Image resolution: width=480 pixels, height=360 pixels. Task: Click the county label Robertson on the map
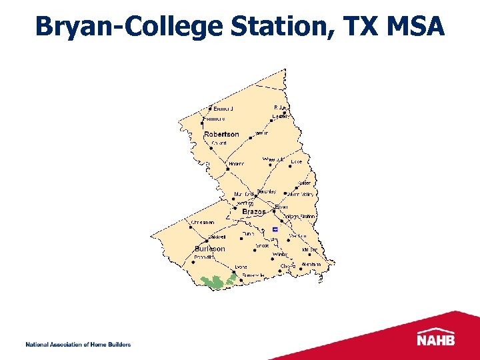click(x=221, y=135)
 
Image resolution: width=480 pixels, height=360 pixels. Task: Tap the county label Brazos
click(x=253, y=212)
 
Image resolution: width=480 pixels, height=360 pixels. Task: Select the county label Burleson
click(x=209, y=249)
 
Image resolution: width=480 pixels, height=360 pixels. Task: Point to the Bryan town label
click(x=281, y=207)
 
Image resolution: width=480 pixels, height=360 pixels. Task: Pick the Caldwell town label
click(x=217, y=237)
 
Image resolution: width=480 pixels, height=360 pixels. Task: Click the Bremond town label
click(x=223, y=109)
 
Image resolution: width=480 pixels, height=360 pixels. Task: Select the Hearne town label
click(x=236, y=163)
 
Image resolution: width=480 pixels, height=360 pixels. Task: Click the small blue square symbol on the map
click(x=275, y=229)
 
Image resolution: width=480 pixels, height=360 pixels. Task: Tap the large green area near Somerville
click(x=214, y=283)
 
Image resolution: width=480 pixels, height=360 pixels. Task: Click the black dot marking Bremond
click(x=211, y=108)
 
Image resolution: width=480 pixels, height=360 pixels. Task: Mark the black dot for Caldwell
click(x=207, y=237)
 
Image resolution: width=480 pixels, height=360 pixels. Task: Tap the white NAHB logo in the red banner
click(x=436, y=339)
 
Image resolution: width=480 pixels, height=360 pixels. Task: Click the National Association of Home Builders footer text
click(x=78, y=345)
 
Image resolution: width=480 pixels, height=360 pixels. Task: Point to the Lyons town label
click(x=222, y=267)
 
